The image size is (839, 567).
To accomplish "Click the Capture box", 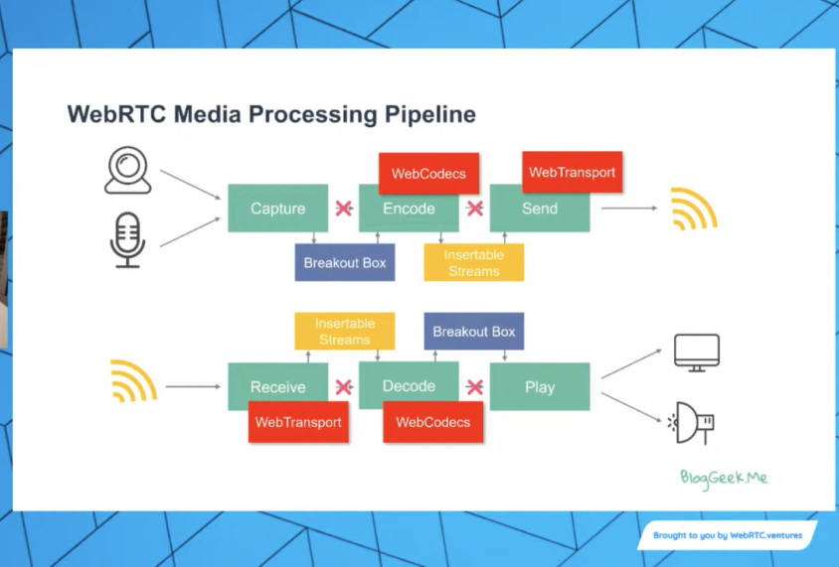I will tap(277, 209).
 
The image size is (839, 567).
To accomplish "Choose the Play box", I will tap(540, 387).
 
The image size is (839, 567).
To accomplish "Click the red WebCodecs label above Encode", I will tap(428, 174).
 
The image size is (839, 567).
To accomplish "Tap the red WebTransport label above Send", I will tap(572, 172).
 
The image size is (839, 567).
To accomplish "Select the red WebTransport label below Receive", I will tap(298, 422).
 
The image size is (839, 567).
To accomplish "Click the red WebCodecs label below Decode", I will tap(432, 422).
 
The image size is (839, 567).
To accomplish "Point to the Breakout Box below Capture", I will tap(344, 263).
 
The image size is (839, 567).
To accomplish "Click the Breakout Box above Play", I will tap(474, 331).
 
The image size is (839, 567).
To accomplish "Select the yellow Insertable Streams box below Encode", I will tap(473, 263).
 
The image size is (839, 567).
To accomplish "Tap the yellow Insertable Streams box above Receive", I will tap(344, 331).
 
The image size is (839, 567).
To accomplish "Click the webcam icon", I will tap(127, 171).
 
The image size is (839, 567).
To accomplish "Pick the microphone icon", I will tap(127, 241).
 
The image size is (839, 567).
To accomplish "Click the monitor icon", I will tap(696, 353).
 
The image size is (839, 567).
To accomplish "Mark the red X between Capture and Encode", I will tap(344, 209).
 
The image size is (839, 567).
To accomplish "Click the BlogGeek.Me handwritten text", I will tap(724, 478).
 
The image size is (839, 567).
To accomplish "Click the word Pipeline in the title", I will tap(430, 115).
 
